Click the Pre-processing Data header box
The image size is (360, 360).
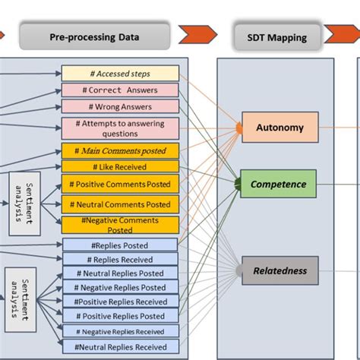point(94,36)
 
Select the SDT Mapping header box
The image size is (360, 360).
point(276,36)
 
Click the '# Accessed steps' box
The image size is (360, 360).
point(120,74)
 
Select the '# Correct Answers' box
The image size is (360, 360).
point(120,90)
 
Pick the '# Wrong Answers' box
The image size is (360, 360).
point(120,107)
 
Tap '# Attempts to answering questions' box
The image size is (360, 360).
point(120,128)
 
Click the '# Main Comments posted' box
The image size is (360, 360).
point(120,151)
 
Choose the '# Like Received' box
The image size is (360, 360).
point(120,166)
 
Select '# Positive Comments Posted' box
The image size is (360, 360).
point(120,184)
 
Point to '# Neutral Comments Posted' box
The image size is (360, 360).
point(120,204)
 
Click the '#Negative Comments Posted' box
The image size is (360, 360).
point(120,225)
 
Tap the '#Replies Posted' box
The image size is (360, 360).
point(120,245)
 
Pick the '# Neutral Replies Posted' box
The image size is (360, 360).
point(120,273)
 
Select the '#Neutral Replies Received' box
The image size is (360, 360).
point(120,346)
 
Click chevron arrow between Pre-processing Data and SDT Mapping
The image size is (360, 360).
point(200,36)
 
